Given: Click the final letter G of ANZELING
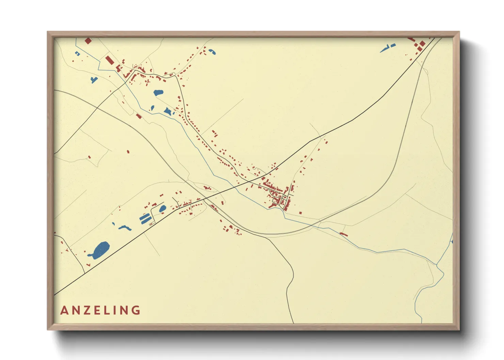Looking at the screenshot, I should (x=137, y=310).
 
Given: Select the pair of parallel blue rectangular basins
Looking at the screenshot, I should (x=145, y=219).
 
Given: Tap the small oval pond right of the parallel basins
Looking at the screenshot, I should (x=163, y=209).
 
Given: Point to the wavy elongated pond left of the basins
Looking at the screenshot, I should (x=125, y=228).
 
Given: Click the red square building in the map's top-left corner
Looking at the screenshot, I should (x=88, y=41).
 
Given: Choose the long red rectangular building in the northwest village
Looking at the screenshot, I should (x=109, y=60).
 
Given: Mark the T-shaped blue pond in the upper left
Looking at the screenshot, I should (x=94, y=80).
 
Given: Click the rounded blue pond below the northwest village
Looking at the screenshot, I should (x=158, y=92).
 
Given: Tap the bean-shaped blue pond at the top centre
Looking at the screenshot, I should (x=212, y=52).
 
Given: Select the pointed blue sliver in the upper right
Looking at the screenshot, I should (x=387, y=49).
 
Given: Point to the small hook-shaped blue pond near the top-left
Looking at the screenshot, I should (x=77, y=53).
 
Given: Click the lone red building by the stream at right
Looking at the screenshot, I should (x=344, y=234).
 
